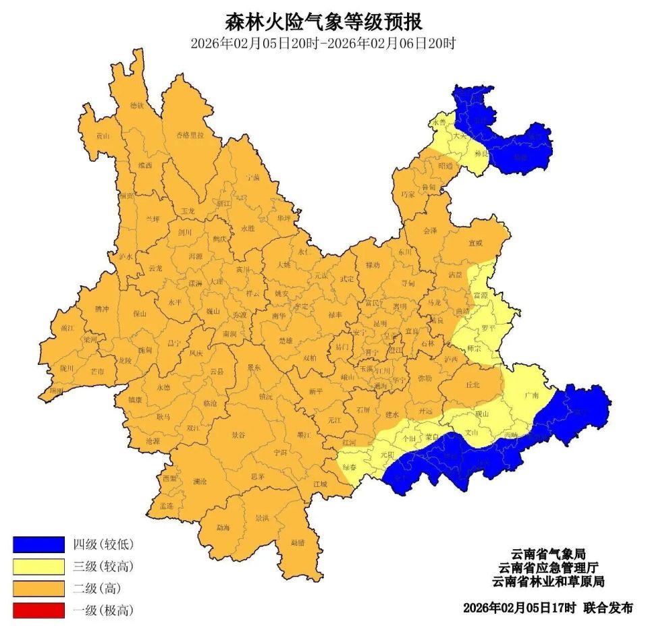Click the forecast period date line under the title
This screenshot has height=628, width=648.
coord(323,45)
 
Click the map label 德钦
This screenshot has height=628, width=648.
coord(137,105)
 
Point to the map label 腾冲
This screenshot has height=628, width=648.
coord(101,308)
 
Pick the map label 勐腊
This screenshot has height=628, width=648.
coord(298,542)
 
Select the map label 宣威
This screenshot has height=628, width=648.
coord(476,243)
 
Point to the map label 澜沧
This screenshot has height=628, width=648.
coord(200,482)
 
